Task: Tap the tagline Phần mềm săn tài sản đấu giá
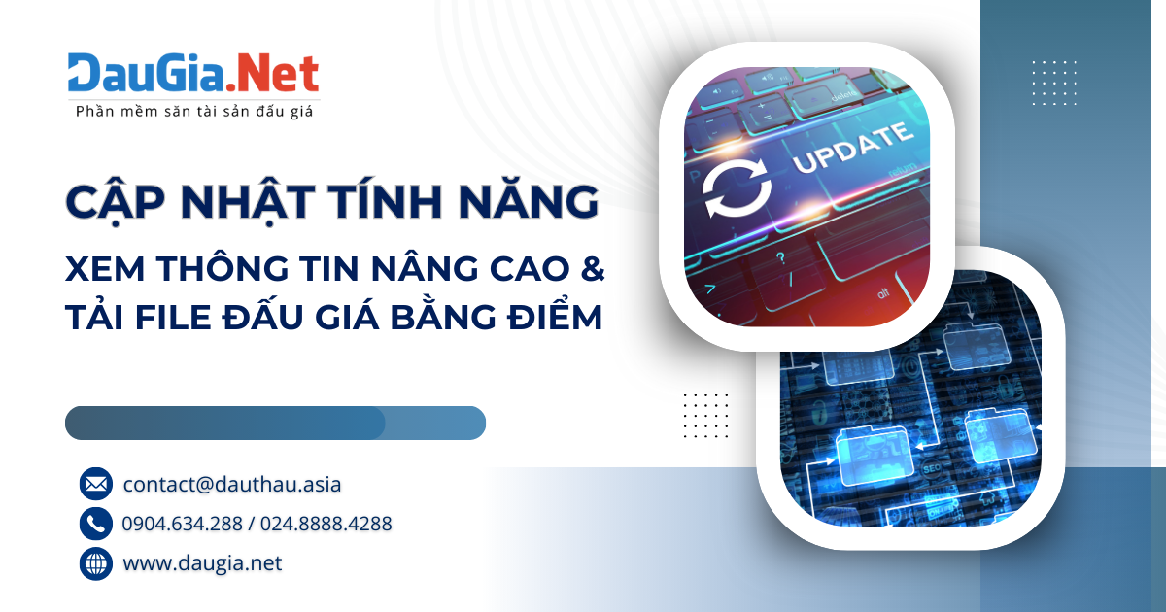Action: [193, 112]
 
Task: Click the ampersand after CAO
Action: [592, 271]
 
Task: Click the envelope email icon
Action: [96, 483]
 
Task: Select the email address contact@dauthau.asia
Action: [232, 483]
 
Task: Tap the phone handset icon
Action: [96, 524]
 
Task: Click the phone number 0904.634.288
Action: [183, 524]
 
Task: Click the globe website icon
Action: [96, 563]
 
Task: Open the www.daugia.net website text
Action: [202, 563]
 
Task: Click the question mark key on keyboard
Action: [780, 258]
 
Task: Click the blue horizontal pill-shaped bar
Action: [275, 423]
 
